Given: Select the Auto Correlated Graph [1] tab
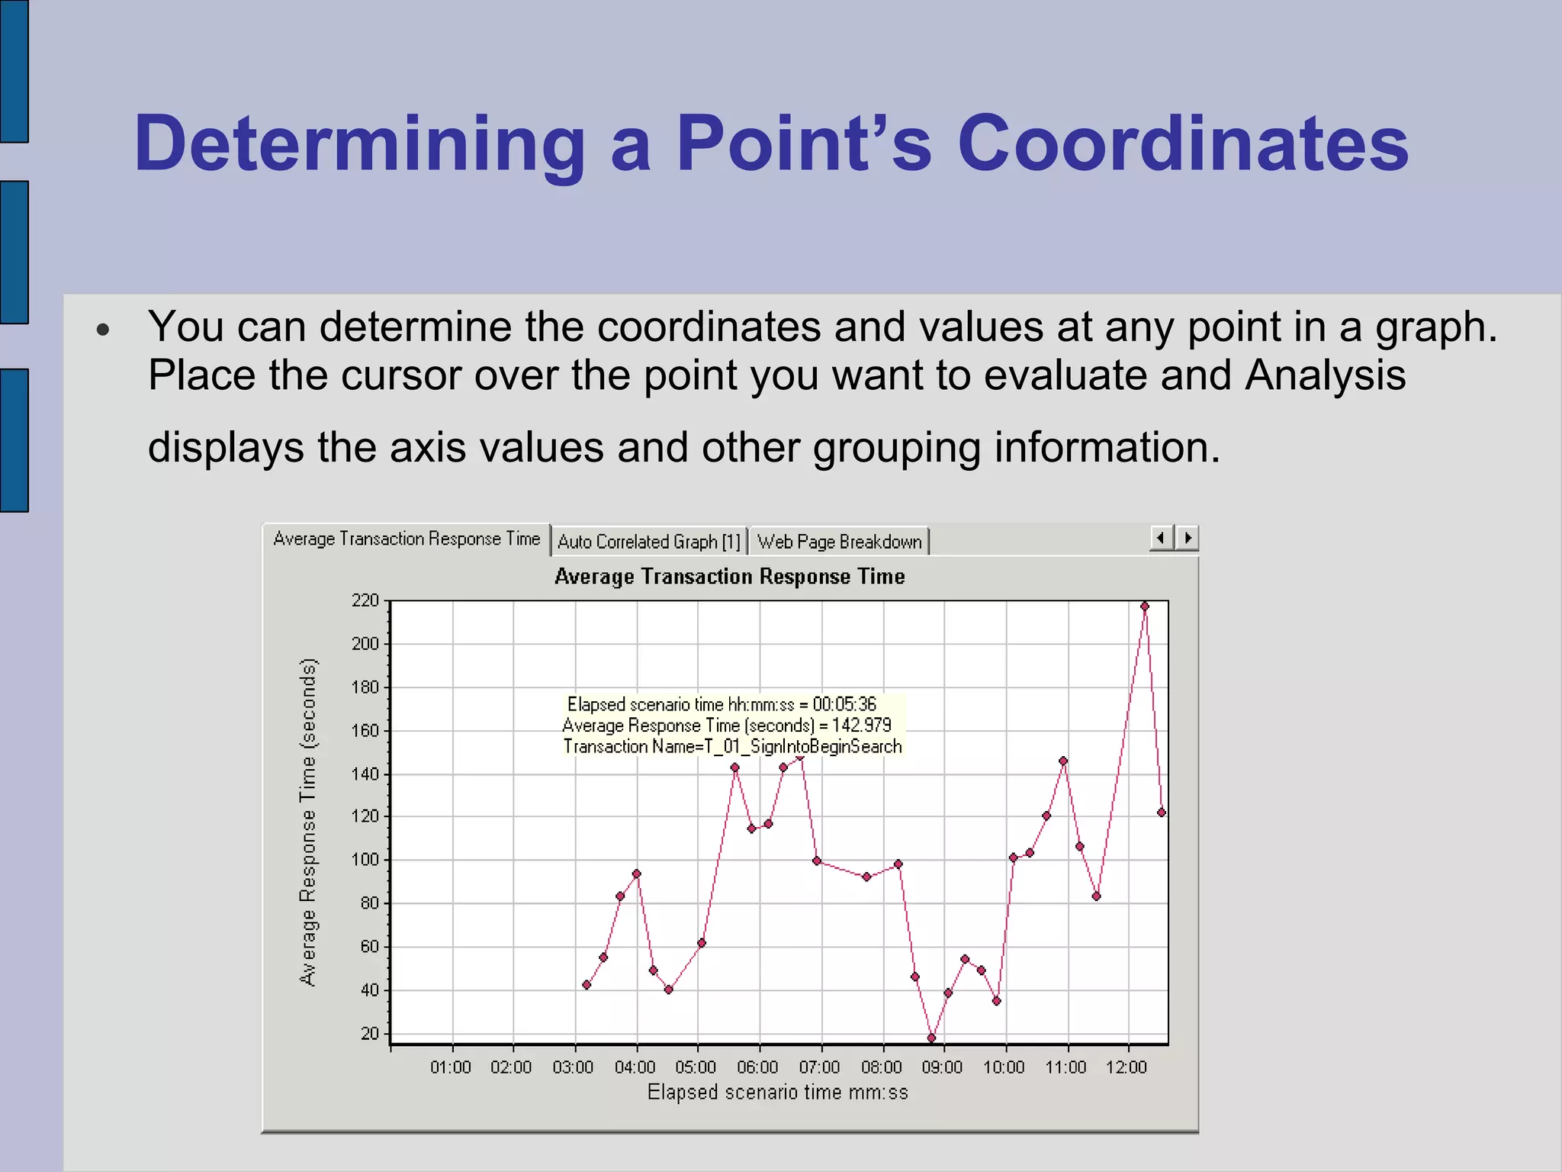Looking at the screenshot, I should (x=649, y=542).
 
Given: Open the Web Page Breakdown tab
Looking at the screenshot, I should (x=839, y=542).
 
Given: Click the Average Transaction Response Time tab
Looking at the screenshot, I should (x=407, y=539).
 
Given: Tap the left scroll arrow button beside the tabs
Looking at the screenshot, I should (x=1161, y=538).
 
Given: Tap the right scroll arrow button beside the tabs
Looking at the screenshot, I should (x=1188, y=538).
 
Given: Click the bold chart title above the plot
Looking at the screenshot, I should (x=729, y=576).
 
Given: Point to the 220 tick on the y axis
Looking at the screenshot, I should (x=365, y=600).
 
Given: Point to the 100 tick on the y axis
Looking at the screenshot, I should (x=365, y=859).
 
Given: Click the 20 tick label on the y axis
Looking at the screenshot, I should (x=370, y=1033).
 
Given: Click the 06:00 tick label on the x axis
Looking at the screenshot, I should (x=757, y=1067).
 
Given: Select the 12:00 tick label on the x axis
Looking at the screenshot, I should (x=1127, y=1067).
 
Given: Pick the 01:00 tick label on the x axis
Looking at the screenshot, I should (x=451, y=1067).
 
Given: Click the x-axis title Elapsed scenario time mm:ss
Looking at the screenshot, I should (x=777, y=1093).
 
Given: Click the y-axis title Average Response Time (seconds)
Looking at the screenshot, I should (x=307, y=822).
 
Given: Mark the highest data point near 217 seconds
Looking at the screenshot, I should (x=1144, y=607).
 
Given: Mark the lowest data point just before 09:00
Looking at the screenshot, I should (x=931, y=1038).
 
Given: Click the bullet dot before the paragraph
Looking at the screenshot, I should (x=104, y=330).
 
